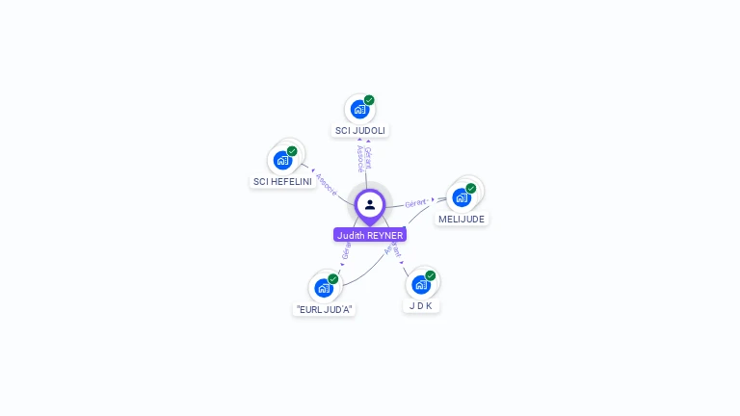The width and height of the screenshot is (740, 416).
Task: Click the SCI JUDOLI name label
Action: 360,130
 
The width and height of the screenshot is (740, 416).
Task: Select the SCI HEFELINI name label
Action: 282,181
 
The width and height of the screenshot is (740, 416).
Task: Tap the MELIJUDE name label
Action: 462,219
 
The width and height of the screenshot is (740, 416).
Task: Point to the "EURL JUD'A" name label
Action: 325,309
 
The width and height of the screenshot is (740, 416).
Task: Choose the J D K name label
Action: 420,305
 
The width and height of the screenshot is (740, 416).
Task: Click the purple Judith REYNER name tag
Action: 370,235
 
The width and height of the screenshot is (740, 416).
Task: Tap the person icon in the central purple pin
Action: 370,204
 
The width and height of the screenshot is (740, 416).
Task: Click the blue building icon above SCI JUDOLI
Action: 359,109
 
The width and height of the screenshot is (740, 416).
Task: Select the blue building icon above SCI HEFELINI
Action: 282,160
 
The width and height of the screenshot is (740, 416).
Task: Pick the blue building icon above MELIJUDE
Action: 462,197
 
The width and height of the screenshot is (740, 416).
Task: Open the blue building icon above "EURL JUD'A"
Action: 324,287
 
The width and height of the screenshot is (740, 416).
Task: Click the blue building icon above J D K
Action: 420,284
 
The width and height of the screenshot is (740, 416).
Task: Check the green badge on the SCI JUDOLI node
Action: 369,100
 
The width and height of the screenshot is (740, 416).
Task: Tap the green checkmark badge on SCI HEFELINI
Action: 292,151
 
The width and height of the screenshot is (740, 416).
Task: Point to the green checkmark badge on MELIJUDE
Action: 471,189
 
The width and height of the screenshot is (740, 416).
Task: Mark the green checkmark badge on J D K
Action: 431,275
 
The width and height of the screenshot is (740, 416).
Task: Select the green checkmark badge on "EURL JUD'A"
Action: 333,278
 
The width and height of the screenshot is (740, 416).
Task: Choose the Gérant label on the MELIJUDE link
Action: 415,203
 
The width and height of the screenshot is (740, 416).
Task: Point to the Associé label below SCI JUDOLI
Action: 359,158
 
